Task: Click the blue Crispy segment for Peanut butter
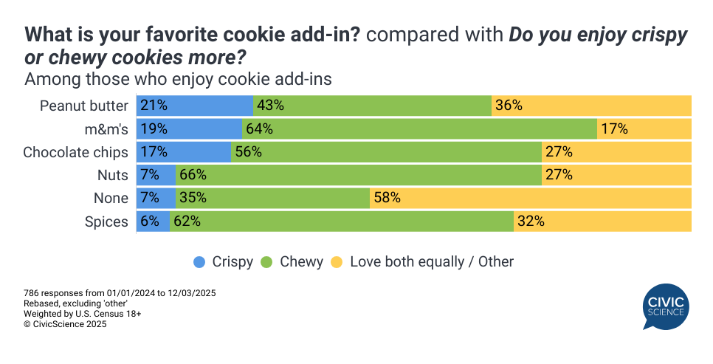195,106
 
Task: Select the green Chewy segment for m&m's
419,129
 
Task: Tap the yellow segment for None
531,198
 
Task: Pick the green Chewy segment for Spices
342,221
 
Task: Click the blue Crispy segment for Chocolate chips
185,152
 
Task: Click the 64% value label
260,129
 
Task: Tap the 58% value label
387,198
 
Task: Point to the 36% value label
509,106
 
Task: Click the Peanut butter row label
84,106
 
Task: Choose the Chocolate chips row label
75,152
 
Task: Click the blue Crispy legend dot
199,261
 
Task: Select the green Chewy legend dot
267,261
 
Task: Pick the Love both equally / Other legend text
431,261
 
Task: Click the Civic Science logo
666,307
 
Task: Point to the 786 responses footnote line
120,293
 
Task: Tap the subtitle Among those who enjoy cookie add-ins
178,78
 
